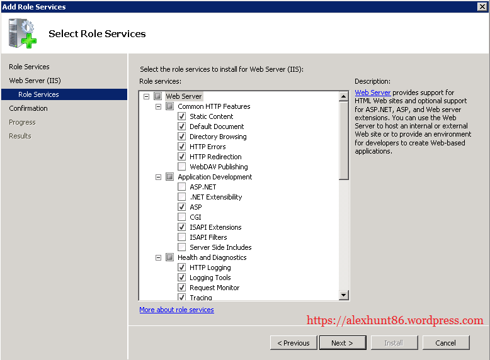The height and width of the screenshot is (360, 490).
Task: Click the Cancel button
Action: click(445, 343)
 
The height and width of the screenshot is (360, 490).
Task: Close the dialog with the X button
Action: click(482, 6)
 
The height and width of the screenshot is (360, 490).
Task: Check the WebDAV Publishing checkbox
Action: click(182, 167)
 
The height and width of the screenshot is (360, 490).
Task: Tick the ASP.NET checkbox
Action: click(182, 187)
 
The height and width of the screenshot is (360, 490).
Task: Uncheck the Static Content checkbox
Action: click(182, 116)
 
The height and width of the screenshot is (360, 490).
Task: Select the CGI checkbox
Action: click(182, 217)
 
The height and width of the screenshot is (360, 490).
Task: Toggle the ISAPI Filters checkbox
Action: click(182, 237)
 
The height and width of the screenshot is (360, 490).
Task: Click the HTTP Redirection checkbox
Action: click(182, 157)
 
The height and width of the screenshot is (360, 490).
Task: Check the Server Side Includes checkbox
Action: click(182, 247)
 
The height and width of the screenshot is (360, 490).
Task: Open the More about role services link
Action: click(176, 310)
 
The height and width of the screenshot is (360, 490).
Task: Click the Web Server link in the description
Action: click(372, 93)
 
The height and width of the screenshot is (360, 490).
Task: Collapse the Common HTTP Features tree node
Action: click(159, 106)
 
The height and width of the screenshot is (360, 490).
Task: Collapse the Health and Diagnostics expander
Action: click(159, 257)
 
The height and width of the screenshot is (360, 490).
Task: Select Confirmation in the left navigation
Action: click(28, 108)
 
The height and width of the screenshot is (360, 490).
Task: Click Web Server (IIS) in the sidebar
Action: click(35, 81)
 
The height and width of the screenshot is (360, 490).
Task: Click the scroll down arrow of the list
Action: click(344, 295)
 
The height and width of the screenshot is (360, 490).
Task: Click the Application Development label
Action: click(215, 177)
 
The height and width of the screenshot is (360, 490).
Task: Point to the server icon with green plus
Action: click(23, 33)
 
